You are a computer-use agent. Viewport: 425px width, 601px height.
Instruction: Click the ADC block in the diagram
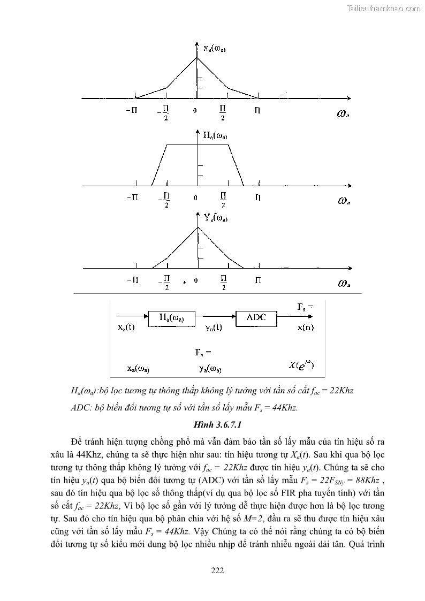pos(256,318)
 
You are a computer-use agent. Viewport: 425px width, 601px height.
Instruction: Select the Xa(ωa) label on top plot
pos(215,49)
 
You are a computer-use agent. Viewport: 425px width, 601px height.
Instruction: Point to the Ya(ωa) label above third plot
pos(216,218)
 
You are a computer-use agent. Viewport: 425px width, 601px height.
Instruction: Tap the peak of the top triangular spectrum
pos(197,57)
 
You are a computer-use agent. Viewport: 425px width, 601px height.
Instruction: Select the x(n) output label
pos(306,328)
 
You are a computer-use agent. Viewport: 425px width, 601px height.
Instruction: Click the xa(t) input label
pos(126,328)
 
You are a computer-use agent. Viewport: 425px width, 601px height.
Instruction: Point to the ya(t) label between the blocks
pos(214,328)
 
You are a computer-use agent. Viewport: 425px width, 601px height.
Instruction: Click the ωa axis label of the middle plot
pos(344,201)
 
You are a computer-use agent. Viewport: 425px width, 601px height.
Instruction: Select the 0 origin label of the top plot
pos(195,110)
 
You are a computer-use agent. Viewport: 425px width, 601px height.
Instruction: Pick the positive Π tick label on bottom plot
pos(258,280)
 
